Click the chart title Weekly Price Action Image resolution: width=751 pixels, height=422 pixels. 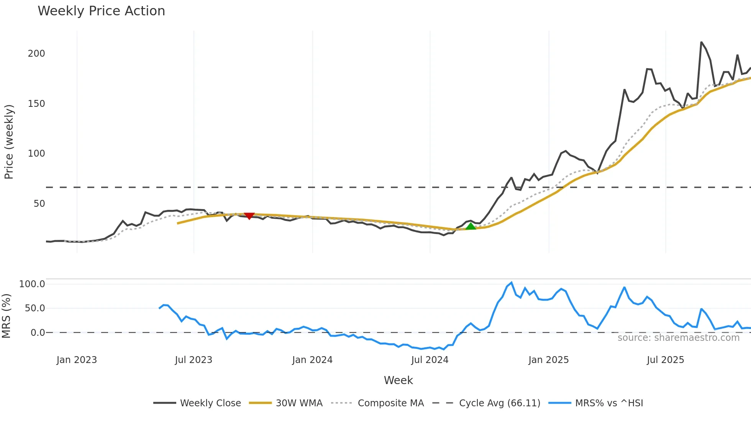pos(101,11)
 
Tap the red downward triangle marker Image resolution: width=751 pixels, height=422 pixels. pos(249,216)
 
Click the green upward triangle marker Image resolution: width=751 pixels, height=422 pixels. pos(471,226)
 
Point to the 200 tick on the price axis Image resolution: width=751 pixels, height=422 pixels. pos(36,54)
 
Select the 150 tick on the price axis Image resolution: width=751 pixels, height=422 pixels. pos(36,104)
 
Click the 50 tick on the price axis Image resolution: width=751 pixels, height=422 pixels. pos(39,204)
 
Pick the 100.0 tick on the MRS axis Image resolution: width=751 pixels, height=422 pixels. pos(32,284)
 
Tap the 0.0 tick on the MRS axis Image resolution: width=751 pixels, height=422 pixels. pos(38,333)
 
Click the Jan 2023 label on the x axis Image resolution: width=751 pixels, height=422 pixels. pos(77,360)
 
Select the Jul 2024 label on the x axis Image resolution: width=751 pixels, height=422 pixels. pos(430,360)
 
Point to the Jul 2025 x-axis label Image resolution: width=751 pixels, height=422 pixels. pos(665,360)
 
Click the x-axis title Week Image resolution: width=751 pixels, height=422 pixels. pos(398,380)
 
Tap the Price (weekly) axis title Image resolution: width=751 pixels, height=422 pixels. pos(9,142)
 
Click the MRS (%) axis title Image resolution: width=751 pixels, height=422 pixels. pos(6,316)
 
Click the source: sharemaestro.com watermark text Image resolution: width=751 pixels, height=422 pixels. pos(678,338)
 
